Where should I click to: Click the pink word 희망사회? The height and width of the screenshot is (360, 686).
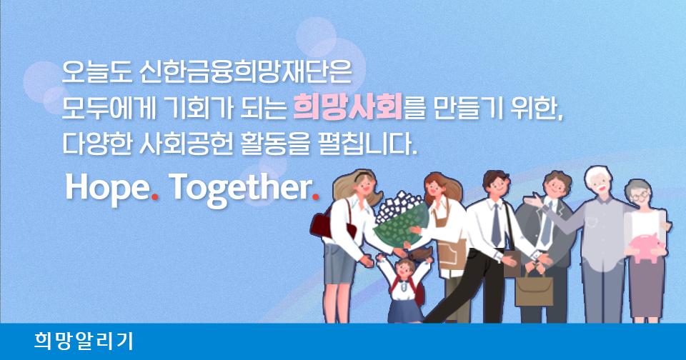[x=348, y=108]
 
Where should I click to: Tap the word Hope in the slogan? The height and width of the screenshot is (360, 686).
[x=107, y=188]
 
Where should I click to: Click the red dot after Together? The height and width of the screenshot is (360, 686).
[x=315, y=196]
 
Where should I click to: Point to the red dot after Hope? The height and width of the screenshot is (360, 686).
[x=154, y=196]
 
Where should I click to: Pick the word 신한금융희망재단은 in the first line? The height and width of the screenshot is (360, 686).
[x=245, y=71]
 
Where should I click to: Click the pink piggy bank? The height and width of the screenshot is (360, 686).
[x=646, y=247]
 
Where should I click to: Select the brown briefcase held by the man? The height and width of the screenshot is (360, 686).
[x=534, y=289]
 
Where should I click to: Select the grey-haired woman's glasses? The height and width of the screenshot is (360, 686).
[x=639, y=196]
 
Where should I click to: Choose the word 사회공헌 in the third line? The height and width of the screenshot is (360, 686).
[x=186, y=144]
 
